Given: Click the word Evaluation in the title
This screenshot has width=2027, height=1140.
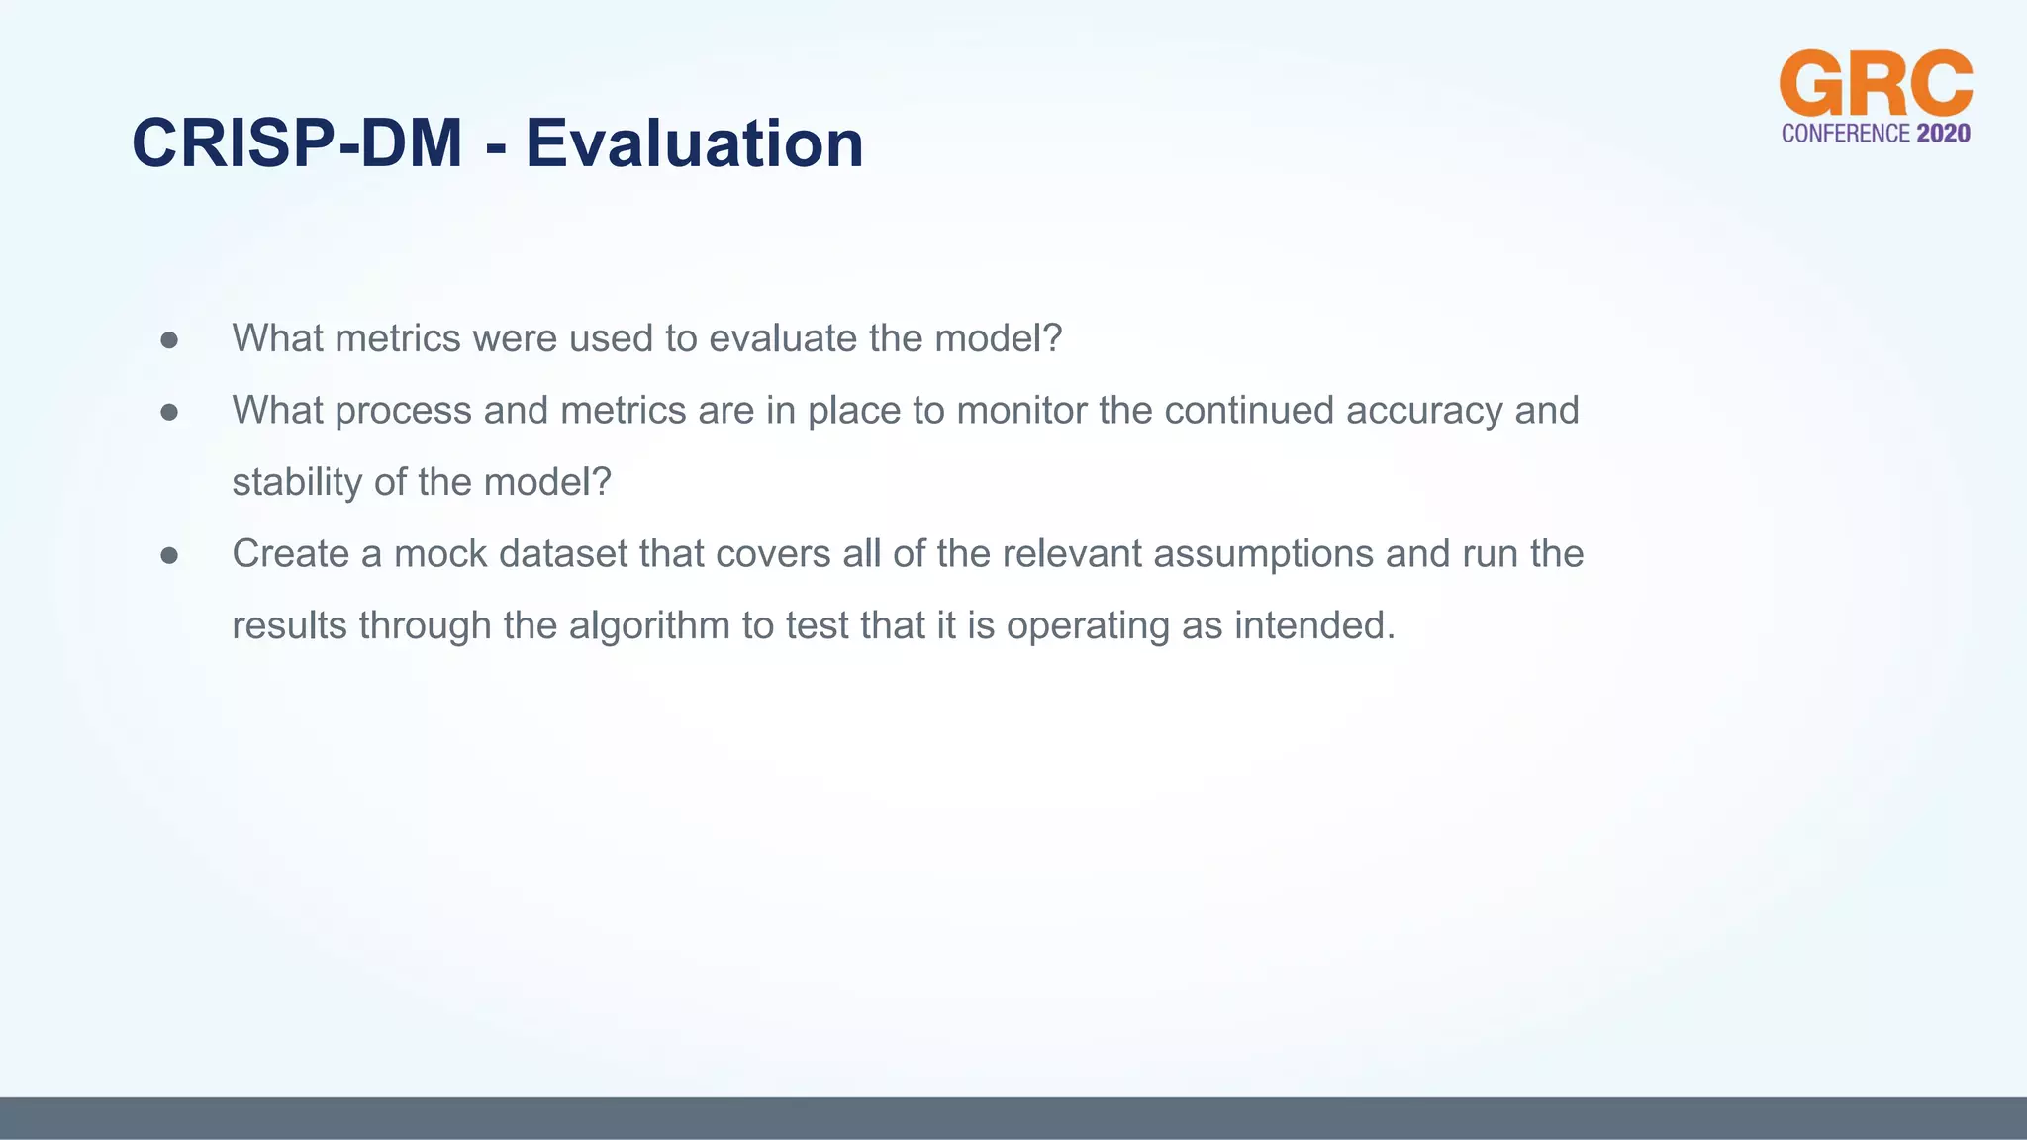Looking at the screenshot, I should [x=694, y=143].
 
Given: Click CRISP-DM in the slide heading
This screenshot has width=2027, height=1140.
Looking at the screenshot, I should [x=297, y=143].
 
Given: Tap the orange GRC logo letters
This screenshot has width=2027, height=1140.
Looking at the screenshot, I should [x=1876, y=84].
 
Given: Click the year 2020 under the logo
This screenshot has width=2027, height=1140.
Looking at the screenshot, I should [x=1943, y=134].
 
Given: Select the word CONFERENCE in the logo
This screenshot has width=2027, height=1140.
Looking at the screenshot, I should [x=1845, y=134].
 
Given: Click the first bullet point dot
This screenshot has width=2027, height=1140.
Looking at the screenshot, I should [x=169, y=340].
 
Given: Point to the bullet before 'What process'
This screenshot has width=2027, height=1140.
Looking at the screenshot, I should [x=169, y=412].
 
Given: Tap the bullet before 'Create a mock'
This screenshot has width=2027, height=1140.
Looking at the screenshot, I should [x=169, y=556].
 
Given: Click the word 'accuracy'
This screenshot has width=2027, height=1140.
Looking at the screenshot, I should [x=1424, y=411].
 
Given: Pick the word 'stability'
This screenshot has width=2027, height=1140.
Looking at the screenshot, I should [x=297, y=482].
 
